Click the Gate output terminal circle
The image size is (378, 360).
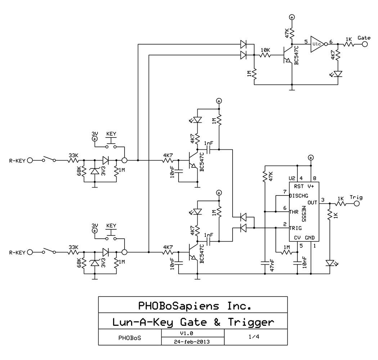point(365,44)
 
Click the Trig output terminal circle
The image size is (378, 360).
point(356,204)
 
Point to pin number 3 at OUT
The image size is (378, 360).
point(323,200)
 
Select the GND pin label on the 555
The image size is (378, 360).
point(310,238)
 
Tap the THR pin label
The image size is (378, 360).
point(294,212)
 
